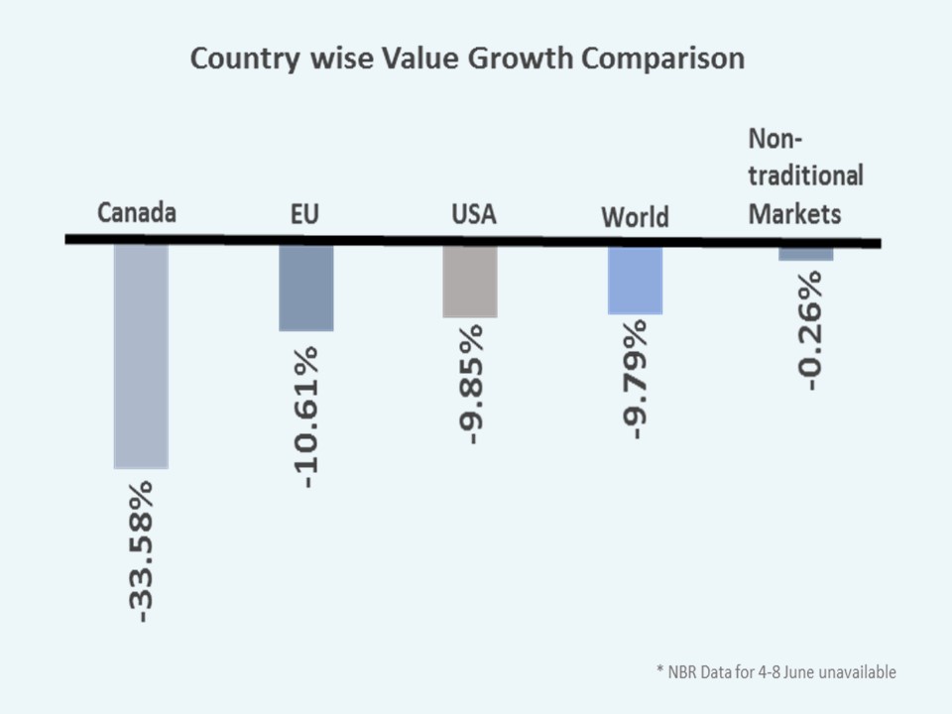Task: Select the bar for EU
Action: pyautogui.click(x=306, y=289)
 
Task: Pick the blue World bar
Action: pyautogui.click(x=635, y=281)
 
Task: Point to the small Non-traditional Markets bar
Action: pyautogui.click(x=805, y=254)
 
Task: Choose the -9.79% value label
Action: pyautogui.click(x=636, y=379)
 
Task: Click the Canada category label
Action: pyautogui.click(x=137, y=213)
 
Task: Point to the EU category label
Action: pyautogui.click(x=304, y=213)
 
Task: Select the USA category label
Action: pyautogui.click(x=473, y=213)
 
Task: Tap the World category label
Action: pyautogui.click(x=635, y=216)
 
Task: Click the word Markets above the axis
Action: pyautogui.click(x=795, y=213)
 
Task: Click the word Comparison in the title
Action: pyautogui.click(x=663, y=59)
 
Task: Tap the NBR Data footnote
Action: pyautogui.click(x=776, y=672)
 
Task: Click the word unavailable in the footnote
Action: pyautogui.click(x=858, y=672)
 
